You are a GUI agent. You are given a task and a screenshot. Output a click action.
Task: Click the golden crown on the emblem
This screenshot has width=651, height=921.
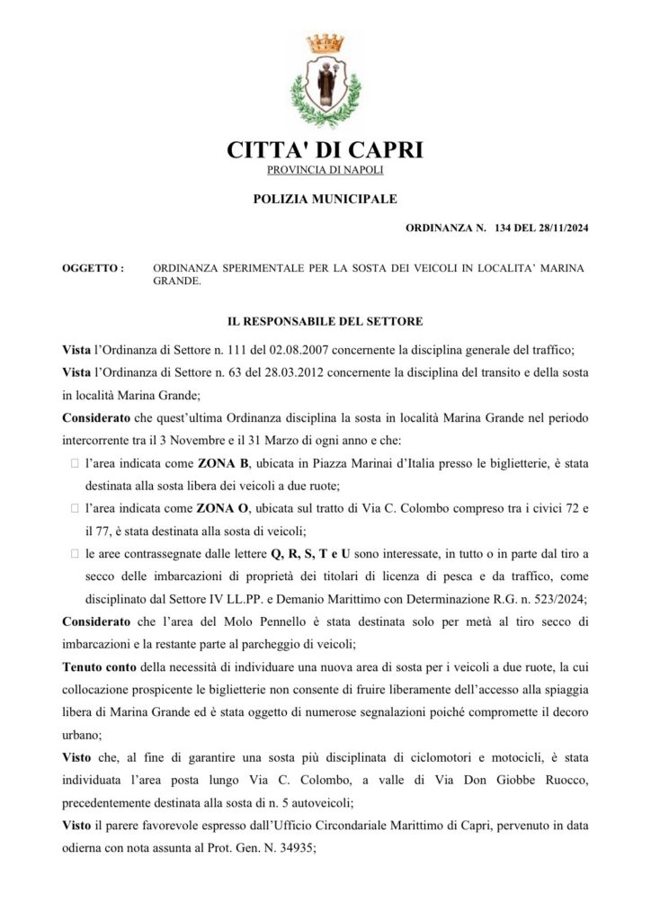click(x=325, y=43)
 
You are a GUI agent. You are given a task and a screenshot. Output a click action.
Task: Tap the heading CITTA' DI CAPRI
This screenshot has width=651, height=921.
click(x=325, y=149)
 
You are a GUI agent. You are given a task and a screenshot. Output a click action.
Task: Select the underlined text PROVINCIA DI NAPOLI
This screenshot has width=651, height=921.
click(x=325, y=170)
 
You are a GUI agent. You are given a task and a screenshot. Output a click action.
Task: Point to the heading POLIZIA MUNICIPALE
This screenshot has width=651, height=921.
click(x=325, y=199)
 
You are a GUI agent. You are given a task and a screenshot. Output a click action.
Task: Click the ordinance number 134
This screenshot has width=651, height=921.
click(x=504, y=229)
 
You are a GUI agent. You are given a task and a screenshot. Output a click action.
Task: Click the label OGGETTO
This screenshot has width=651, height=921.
click(x=92, y=268)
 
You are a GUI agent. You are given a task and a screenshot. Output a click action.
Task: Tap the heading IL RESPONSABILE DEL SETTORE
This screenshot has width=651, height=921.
click(x=325, y=320)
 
